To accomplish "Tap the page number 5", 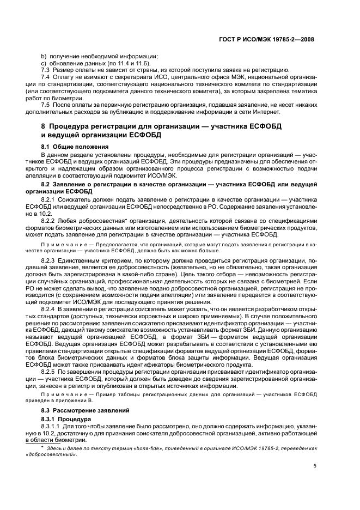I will coord(315,465).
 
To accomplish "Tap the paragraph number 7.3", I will coord(46,70).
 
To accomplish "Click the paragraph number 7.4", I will coord(46,77).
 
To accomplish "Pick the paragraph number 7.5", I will coord(46,105).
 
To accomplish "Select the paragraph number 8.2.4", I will coord(48,309).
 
